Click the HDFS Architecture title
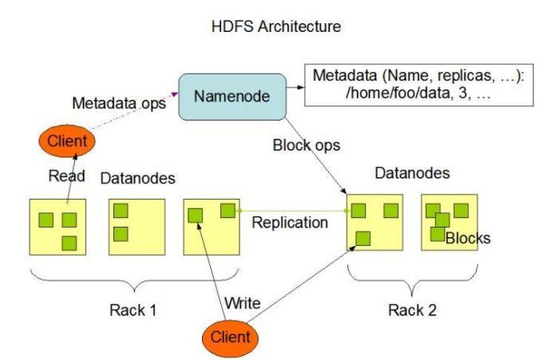point(277,26)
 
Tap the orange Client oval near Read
point(66,140)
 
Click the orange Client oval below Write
point(229,336)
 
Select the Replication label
point(289,223)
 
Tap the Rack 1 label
point(132,309)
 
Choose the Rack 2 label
point(412,309)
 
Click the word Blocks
point(468,238)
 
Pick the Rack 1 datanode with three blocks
point(57,227)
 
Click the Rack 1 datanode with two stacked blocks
point(135,227)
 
